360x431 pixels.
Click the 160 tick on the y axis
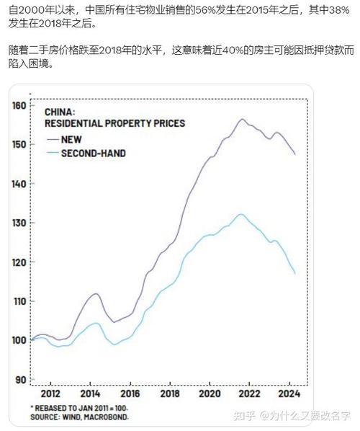pyautogui.click(x=19, y=105)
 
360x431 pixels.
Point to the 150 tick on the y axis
pyautogui.click(x=19, y=144)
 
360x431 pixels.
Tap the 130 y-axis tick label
pyautogui.click(x=19, y=223)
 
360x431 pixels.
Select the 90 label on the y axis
pyautogui.click(x=22, y=379)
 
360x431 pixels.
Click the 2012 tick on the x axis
pyautogui.click(x=50, y=394)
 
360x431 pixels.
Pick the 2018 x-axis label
pyautogui.click(x=169, y=394)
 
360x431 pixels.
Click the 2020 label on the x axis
pyautogui.click(x=209, y=394)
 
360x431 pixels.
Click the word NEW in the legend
pyautogui.click(x=72, y=139)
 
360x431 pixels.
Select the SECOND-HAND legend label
pyautogui.click(x=94, y=154)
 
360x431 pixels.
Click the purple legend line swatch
pyautogui.click(x=51, y=139)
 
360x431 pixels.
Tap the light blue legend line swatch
pyautogui.click(x=51, y=154)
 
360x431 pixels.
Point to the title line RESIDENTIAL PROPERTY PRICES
pyautogui.click(x=114, y=123)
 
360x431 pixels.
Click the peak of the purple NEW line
pyautogui.click(x=242, y=119)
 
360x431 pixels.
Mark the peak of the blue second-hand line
pyautogui.click(x=240, y=213)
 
